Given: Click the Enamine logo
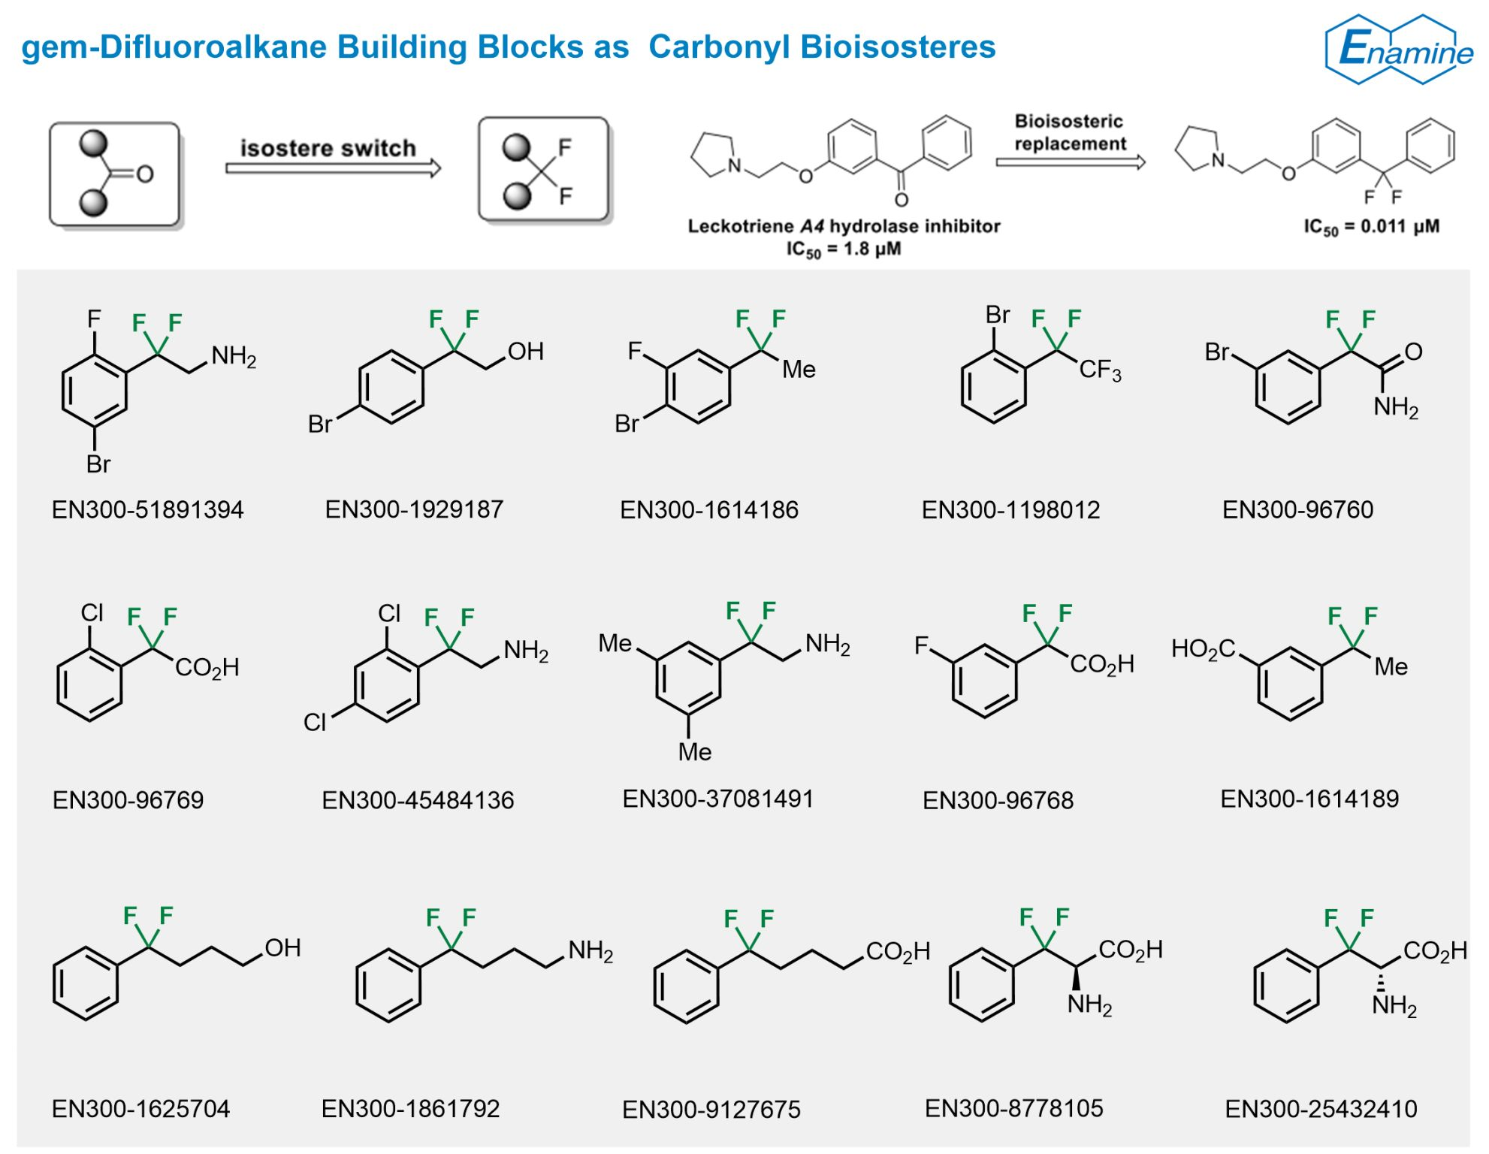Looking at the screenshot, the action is tap(1400, 49).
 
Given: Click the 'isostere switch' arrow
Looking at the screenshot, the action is tap(334, 168).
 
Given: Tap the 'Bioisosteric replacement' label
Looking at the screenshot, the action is tap(1070, 132).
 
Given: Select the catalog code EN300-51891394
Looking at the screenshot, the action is tap(148, 510).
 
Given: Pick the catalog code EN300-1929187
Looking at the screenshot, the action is tap(414, 509).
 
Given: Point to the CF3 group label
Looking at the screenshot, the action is tap(1100, 370).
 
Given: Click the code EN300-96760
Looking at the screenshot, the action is tap(1297, 510).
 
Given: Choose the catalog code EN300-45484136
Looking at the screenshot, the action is tap(418, 800).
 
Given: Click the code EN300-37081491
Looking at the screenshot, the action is tap(718, 799).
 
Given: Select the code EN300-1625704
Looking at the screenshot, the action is tap(140, 1109).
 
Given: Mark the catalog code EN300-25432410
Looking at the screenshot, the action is tap(1321, 1109).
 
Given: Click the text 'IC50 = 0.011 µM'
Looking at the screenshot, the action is tap(1372, 228).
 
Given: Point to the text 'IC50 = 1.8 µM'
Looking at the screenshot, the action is tap(844, 249).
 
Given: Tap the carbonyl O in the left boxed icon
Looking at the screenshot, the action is tap(144, 175).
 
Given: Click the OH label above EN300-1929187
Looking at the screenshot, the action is tap(525, 352).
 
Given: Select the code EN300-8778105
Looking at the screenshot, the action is tap(1014, 1108).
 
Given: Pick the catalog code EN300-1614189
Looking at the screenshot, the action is tap(1309, 799).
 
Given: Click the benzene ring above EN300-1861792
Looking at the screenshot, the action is tap(388, 985).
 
